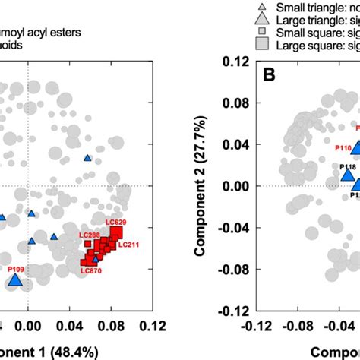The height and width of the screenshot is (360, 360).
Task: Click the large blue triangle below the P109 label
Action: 15,282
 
